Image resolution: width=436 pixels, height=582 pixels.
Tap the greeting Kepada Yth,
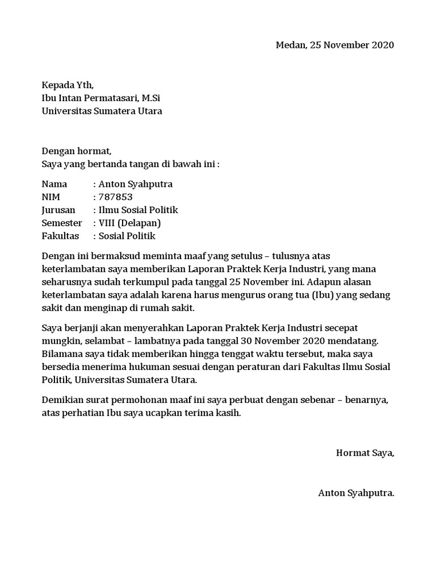[68, 85]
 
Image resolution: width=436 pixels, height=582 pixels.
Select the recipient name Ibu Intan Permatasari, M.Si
[104, 98]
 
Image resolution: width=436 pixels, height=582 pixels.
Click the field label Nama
[54, 184]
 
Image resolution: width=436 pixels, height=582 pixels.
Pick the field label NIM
[52, 197]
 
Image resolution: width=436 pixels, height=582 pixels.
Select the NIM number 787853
[116, 197]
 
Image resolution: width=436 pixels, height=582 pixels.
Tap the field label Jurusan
[58, 210]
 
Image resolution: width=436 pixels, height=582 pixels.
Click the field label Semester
[62, 223]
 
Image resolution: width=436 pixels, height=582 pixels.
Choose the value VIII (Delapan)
[130, 223]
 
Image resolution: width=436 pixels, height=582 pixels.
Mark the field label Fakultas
[60, 236]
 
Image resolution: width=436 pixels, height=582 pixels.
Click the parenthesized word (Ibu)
[320, 296]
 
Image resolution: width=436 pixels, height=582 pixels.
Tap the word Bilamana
[62, 354]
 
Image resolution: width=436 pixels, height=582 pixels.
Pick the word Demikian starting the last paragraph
[63, 400]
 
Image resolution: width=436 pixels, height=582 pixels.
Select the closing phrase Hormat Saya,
[365, 453]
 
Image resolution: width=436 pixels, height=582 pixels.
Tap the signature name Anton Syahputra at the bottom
[355, 493]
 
